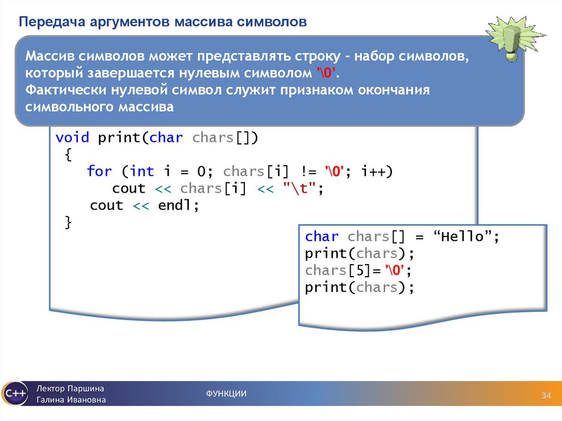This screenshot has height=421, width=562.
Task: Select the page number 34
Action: pos(546,396)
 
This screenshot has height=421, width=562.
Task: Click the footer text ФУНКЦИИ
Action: pos(226,394)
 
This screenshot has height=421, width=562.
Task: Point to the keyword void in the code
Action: pos(72,138)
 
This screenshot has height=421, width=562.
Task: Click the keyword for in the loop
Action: pos(99,172)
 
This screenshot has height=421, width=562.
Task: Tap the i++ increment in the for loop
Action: pos(376,172)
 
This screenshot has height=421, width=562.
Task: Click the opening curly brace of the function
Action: pos(68,155)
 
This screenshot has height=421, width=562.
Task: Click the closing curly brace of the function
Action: pos(68,222)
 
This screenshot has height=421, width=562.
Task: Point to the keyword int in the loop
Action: pos(142,172)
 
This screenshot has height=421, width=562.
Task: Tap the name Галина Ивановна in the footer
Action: pos(71,400)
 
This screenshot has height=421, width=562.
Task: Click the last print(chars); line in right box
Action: pos(359,288)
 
